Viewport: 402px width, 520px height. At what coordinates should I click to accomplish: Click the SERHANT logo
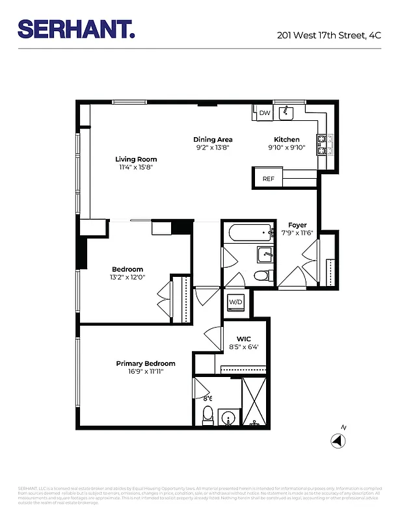[x=76, y=29]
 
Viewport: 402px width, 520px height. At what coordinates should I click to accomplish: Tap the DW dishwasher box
[x=264, y=113]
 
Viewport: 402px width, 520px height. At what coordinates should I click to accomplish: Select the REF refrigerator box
[x=268, y=179]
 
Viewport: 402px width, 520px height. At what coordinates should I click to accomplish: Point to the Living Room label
[x=136, y=159]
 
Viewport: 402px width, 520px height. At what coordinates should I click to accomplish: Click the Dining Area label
[x=213, y=140]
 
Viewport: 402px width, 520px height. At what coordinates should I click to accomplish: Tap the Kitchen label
[x=286, y=140]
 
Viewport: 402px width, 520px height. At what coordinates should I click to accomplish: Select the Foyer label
[x=297, y=225]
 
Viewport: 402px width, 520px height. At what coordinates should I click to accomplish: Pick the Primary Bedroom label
[x=146, y=363]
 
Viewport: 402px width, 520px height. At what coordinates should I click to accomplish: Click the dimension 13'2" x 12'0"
[x=127, y=277]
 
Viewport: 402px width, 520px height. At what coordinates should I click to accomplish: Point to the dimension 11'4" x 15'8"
[x=136, y=167]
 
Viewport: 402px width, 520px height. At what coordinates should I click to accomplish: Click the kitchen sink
[x=286, y=114]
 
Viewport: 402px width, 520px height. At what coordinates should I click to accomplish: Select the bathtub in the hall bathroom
[x=248, y=232]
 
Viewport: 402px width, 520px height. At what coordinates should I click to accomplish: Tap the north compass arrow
[x=338, y=440]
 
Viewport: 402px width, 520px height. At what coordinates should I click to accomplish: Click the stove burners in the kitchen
[x=325, y=145]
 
